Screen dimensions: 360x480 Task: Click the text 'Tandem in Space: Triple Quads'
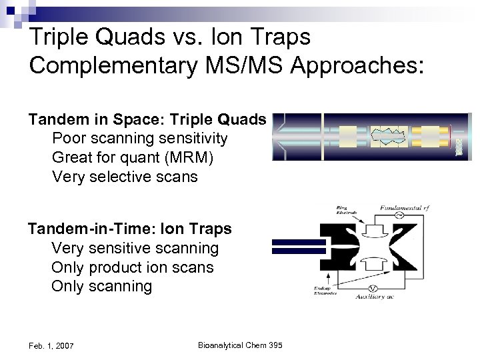[147, 119]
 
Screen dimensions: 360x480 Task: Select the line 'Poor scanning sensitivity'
[139, 139]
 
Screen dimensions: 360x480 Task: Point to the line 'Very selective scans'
[125, 177]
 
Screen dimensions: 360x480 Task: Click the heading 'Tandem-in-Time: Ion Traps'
[130, 229]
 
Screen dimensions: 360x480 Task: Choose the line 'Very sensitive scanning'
[135, 248]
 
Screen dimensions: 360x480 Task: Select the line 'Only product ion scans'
[132, 267]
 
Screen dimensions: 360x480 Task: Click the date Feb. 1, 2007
[51, 345]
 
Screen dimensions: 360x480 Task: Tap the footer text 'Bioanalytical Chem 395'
[240, 345]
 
